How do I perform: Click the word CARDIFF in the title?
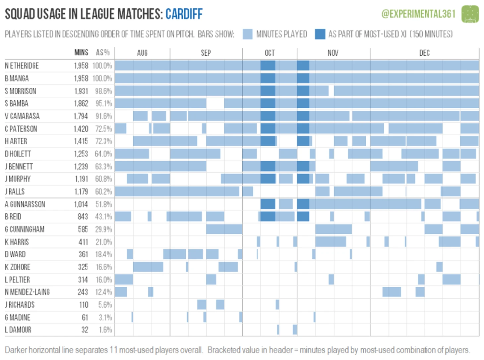click(x=184, y=14)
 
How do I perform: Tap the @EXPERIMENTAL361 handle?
click(x=418, y=14)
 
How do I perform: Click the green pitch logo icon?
click(x=470, y=14)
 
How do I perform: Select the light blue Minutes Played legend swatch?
click(x=247, y=34)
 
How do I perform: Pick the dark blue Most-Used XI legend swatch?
click(x=320, y=34)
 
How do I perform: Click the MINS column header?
click(x=81, y=52)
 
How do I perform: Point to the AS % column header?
click(x=103, y=52)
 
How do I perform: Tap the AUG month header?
click(x=142, y=53)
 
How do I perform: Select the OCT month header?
click(x=270, y=53)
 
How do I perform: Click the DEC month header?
click(x=424, y=53)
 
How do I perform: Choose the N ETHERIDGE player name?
click(x=22, y=66)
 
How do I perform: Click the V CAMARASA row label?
click(x=22, y=116)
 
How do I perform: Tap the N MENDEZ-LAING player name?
click(x=27, y=292)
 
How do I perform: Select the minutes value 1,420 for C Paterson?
click(x=81, y=129)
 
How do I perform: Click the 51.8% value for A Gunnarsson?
click(x=103, y=204)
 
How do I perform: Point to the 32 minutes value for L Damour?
click(x=85, y=330)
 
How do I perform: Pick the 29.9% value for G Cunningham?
click(x=103, y=229)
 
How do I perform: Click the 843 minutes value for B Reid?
click(x=83, y=217)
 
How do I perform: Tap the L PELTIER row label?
click(x=17, y=280)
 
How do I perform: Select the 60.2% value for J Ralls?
click(x=103, y=191)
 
